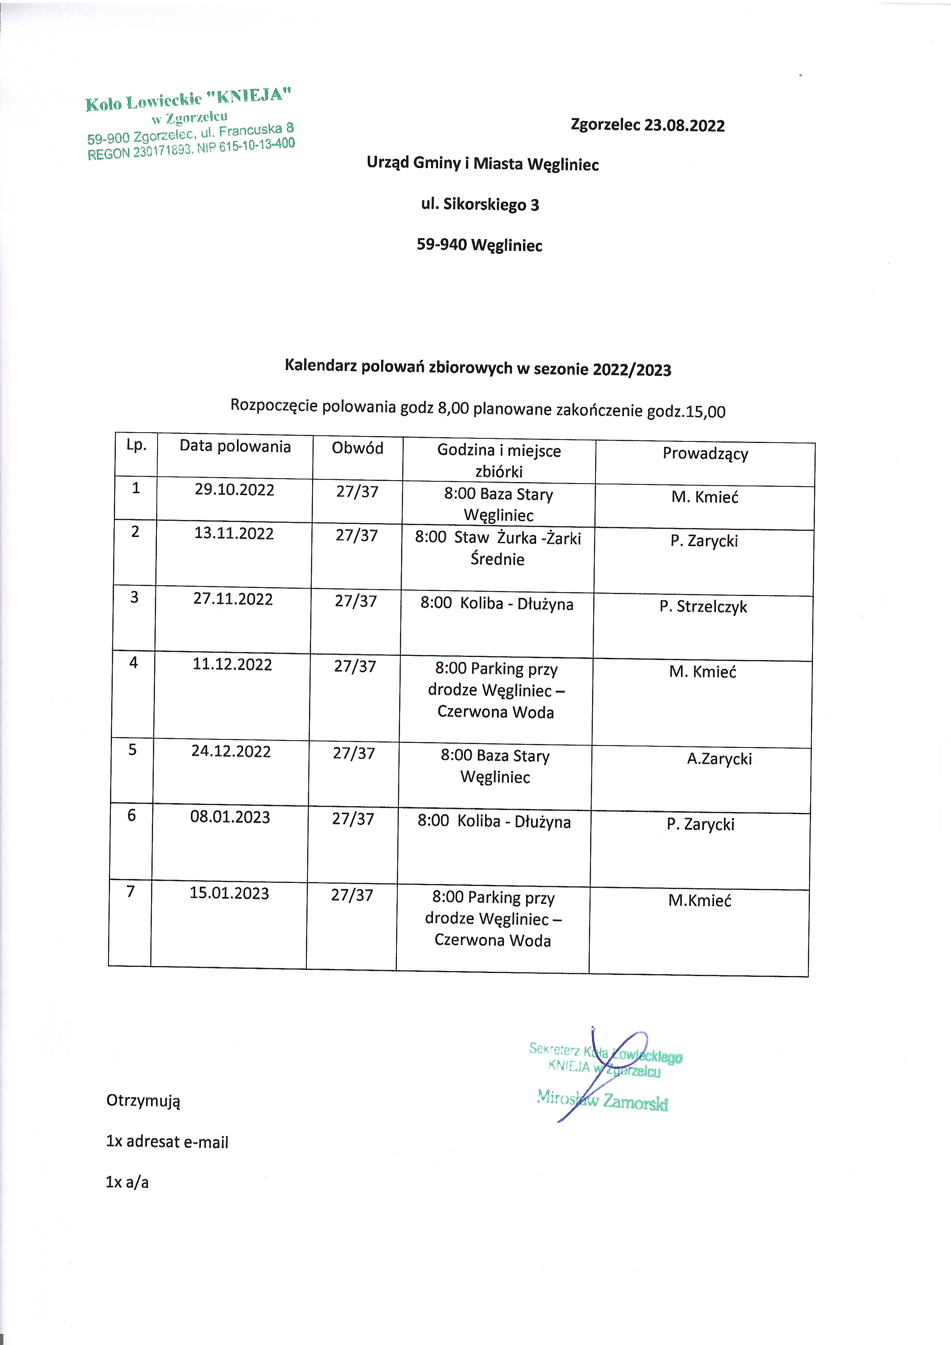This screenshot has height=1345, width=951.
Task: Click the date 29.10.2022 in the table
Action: tap(234, 490)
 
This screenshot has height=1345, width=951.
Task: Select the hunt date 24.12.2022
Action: tap(231, 752)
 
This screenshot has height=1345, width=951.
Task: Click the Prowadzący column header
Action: tap(705, 453)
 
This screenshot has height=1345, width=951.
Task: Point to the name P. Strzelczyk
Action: tap(703, 606)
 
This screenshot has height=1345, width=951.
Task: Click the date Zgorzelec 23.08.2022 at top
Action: tap(648, 125)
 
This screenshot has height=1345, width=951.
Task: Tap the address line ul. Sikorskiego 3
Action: tap(480, 204)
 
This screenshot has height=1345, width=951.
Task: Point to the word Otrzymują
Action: tap(143, 1101)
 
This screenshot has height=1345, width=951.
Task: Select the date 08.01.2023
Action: tap(230, 817)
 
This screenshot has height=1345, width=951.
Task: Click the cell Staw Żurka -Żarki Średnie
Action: tap(498, 548)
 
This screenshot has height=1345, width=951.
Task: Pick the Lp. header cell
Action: tap(136, 445)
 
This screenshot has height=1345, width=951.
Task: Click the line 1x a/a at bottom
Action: tap(127, 1182)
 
